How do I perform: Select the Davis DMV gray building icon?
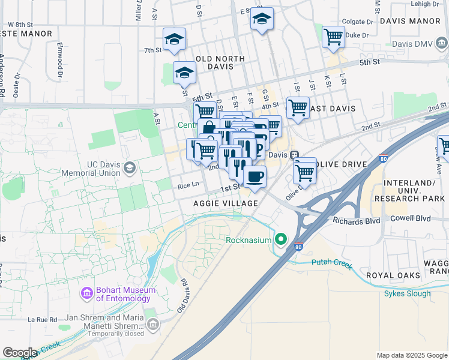[442, 44]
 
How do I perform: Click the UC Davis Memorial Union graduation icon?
[129, 169]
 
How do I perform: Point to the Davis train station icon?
[295, 155]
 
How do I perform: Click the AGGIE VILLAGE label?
[226, 203]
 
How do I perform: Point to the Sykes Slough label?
[408, 293]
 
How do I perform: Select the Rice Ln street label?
[188, 185]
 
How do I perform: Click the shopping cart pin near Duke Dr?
[333, 37]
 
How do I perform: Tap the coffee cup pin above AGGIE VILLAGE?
[255, 177]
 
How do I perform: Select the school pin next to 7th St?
[174, 40]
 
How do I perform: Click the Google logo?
[20, 353]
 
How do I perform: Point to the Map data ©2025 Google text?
[411, 355]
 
